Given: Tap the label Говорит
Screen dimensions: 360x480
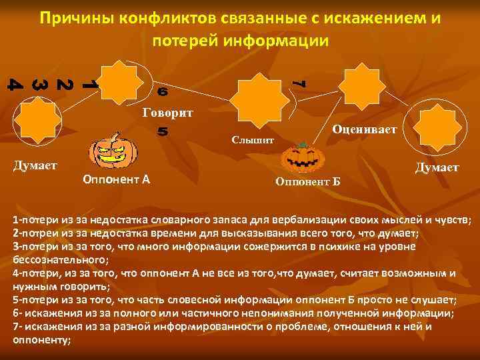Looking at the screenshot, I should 168,112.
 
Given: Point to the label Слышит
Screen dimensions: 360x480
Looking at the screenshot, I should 252,140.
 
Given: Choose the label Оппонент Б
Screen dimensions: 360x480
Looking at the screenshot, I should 307,181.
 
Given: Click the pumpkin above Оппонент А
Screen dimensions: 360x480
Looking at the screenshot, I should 113,153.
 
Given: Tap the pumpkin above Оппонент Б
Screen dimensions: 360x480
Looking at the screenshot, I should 302,159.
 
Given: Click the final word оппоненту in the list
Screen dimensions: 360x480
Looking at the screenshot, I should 41,339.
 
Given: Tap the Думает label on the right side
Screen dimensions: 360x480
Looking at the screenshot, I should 437,167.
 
